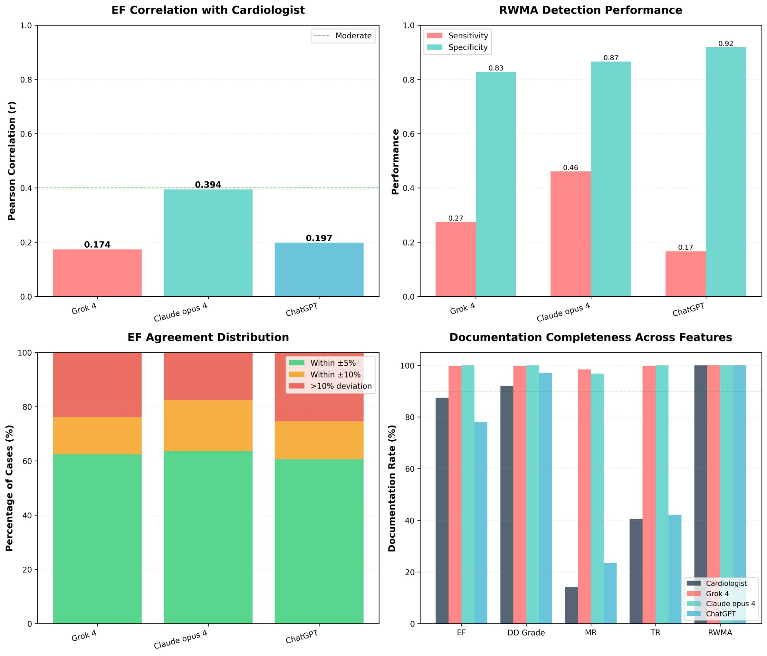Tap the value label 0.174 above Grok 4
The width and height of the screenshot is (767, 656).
coord(97,245)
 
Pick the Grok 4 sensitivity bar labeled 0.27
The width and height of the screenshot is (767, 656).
coord(455,259)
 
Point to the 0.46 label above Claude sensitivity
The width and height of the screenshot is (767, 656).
coord(570,168)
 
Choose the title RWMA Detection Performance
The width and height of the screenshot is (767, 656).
coord(590,10)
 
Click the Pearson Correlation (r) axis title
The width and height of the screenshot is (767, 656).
coord(12,161)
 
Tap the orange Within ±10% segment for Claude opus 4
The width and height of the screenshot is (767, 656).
coord(208,426)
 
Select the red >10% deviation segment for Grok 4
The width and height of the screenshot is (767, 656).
coord(97,385)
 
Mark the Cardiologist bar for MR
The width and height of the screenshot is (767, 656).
coord(571,605)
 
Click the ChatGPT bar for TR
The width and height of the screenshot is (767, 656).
coord(675,569)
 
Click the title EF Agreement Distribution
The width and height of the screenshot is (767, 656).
coord(208,337)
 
